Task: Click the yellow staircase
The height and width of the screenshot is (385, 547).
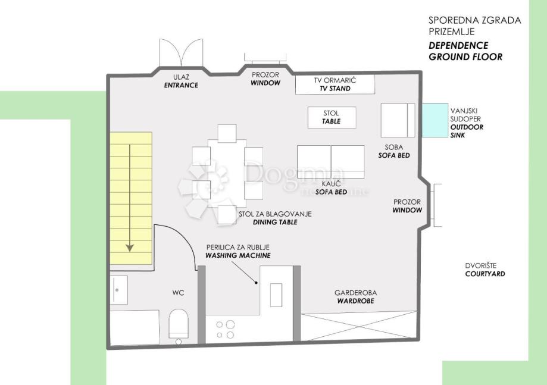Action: (x=131, y=198)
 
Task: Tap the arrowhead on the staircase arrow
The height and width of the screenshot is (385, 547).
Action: (x=130, y=248)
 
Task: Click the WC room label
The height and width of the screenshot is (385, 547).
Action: (x=178, y=293)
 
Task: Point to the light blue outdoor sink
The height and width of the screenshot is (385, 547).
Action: (x=435, y=120)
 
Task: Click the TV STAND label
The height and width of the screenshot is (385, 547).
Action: (x=335, y=89)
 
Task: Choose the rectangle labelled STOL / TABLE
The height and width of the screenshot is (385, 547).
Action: (x=332, y=117)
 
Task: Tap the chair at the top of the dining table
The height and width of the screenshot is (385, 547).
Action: (x=227, y=133)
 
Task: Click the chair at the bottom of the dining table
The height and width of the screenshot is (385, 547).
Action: (x=227, y=214)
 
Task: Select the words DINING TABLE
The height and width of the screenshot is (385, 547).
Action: (x=275, y=222)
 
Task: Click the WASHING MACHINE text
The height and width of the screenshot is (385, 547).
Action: (x=238, y=255)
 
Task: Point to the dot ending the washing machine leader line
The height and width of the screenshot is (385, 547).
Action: (x=256, y=283)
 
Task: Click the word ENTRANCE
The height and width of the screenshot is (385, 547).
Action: (x=181, y=85)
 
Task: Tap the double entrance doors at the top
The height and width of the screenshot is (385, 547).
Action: (x=181, y=52)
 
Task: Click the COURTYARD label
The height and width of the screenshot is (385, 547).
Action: (x=485, y=274)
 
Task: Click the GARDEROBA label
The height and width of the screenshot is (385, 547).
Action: (x=355, y=293)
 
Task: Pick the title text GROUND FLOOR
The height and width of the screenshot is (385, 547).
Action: (x=465, y=57)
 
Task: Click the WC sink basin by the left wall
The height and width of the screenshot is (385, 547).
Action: (x=119, y=290)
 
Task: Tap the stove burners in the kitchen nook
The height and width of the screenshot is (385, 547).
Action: (x=225, y=330)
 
